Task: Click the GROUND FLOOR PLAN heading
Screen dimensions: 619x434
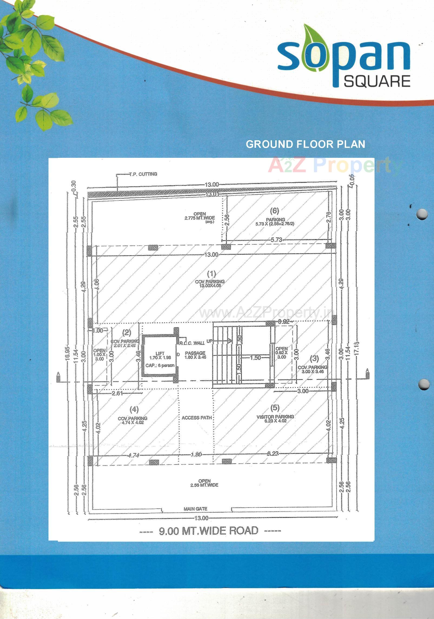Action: tap(305, 144)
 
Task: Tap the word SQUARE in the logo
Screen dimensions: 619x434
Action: tap(377, 81)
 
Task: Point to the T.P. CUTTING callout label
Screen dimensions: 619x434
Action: tap(143, 174)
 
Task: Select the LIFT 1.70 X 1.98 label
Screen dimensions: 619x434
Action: tap(160, 356)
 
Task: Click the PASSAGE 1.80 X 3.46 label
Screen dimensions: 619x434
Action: tap(195, 355)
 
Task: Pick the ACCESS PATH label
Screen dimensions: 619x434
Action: tap(197, 418)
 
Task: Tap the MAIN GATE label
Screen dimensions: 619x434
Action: tap(196, 509)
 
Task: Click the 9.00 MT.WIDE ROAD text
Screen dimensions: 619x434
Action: tap(208, 531)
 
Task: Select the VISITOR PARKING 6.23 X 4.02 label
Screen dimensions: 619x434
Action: tap(275, 419)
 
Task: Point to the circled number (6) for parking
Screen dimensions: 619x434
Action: tap(274, 210)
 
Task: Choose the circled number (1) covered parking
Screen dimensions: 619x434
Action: tap(211, 274)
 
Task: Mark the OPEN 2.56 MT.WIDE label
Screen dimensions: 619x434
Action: tap(204, 483)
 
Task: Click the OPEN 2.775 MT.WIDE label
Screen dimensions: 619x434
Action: tap(200, 216)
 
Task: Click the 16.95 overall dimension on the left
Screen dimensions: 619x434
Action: tap(68, 353)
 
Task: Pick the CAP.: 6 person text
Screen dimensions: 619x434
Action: tap(160, 366)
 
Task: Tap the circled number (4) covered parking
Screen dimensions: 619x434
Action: tap(134, 410)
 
